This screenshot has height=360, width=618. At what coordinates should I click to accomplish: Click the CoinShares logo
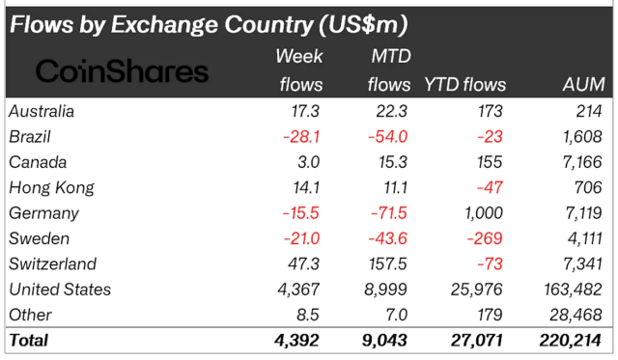pyautogui.click(x=122, y=70)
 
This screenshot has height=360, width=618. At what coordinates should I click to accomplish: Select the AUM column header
pyautogui.click(x=583, y=86)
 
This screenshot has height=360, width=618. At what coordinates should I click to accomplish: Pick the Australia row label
pyautogui.click(x=42, y=111)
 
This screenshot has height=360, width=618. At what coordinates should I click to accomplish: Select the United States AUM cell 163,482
pyautogui.click(x=571, y=290)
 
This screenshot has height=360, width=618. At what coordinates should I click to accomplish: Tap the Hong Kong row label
pyautogui.click(x=47, y=187)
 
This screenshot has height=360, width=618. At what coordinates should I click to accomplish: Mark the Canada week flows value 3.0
pyautogui.click(x=310, y=162)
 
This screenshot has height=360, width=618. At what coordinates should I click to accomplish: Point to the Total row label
pyautogui.click(x=28, y=340)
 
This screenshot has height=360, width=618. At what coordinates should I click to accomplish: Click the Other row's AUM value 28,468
pyautogui.click(x=576, y=315)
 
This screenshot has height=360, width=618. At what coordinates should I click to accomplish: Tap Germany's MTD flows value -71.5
pyautogui.click(x=390, y=213)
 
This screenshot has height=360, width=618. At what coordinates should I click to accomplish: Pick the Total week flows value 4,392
pyautogui.click(x=299, y=340)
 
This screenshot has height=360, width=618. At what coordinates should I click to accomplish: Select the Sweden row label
pyautogui.click(x=37, y=238)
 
